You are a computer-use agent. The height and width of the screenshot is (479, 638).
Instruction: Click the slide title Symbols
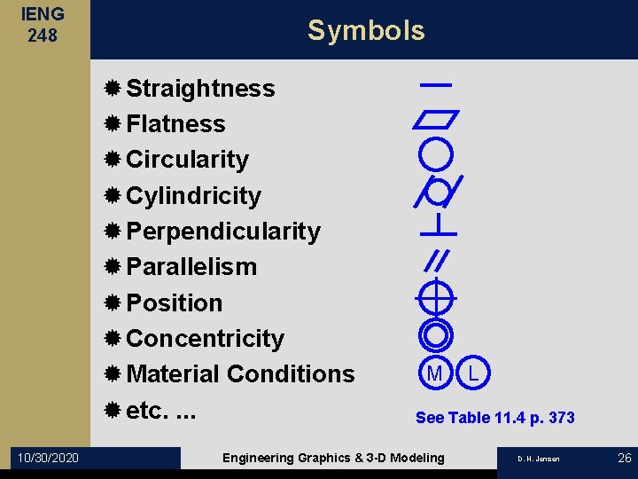coord(366,30)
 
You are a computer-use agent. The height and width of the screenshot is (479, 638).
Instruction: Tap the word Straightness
coord(200,89)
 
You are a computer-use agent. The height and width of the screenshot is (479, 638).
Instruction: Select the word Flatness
coord(175,124)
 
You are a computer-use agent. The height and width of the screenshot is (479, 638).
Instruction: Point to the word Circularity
coord(187,160)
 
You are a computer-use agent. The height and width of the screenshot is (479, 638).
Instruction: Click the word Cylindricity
coord(193,195)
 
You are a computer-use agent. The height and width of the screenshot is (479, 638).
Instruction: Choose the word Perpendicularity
coord(223,232)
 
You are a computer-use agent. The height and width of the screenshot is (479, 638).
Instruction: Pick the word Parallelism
coord(191,267)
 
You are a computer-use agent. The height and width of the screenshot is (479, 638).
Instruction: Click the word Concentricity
coord(205,339)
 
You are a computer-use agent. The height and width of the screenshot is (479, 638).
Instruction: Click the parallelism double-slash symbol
coord(437,259)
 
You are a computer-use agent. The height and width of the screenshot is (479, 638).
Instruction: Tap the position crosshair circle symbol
coord(436,297)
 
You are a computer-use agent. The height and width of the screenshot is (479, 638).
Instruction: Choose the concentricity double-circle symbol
coord(435,334)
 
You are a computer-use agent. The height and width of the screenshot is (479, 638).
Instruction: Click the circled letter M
coord(435,373)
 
